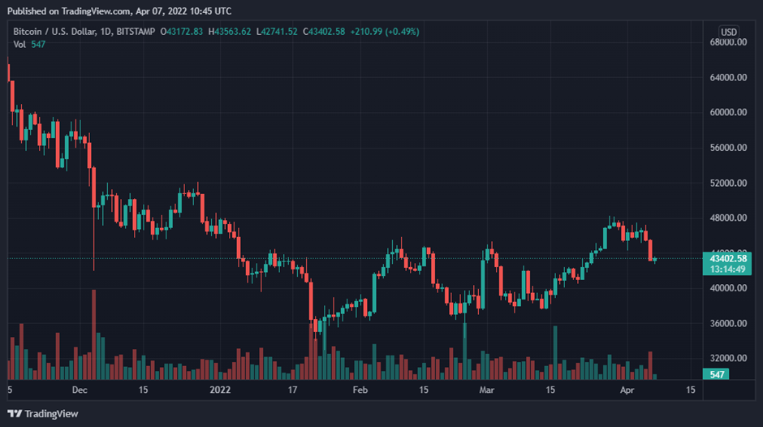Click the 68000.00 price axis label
(x=727, y=42)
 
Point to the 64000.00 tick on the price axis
(x=727, y=78)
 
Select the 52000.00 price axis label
(x=727, y=183)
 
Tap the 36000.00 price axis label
(x=727, y=323)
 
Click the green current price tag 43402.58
(x=727, y=258)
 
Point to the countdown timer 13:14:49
(x=727, y=270)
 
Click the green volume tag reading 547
(x=717, y=374)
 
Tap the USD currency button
(x=729, y=32)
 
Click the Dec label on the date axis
(x=80, y=390)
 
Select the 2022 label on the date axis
(x=220, y=390)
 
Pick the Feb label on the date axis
(x=360, y=390)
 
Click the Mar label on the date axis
(x=486, y=390)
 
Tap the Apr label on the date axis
(x=626, y=390)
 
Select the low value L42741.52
(x=277, y=32)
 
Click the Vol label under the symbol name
(x=19, y=44)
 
